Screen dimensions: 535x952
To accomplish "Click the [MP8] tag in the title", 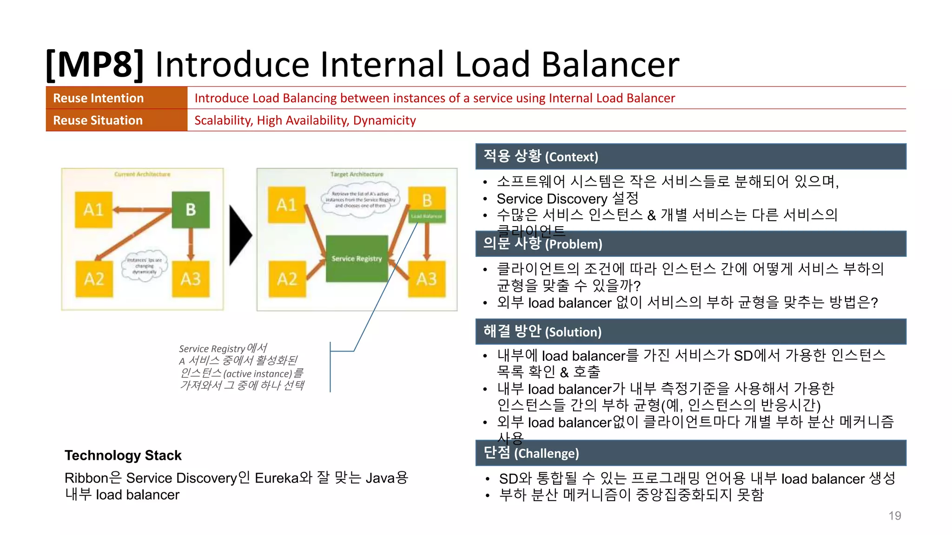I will tap(95, 64).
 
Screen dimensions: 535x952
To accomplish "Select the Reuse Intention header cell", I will tap(116, 98).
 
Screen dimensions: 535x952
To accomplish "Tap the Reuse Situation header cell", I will tap(116, 120).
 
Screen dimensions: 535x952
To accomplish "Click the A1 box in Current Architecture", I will tap(93, 209).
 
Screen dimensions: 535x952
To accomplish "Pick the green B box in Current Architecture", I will tap(191, 209).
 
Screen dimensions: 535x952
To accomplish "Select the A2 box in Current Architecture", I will tap(94, 279).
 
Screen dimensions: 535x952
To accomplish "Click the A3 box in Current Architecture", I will tap(191, 279).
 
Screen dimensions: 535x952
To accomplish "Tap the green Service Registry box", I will tap(357, 258).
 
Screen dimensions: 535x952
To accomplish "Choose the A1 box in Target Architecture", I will tap(287, 205).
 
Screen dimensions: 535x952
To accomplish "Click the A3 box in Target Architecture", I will tap(427, 279).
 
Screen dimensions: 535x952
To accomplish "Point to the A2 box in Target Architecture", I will tap(287, 279).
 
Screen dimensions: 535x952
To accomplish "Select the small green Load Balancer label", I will tap(427, 216).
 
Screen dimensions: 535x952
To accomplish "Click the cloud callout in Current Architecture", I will tap(145, 266).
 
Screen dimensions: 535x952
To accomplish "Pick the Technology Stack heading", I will tap(123, 455).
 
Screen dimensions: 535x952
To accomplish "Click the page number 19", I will tap(894, 515).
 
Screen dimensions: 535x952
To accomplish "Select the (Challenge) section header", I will tap(691, 453).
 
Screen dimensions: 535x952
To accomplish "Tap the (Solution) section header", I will tap(691, 332).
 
